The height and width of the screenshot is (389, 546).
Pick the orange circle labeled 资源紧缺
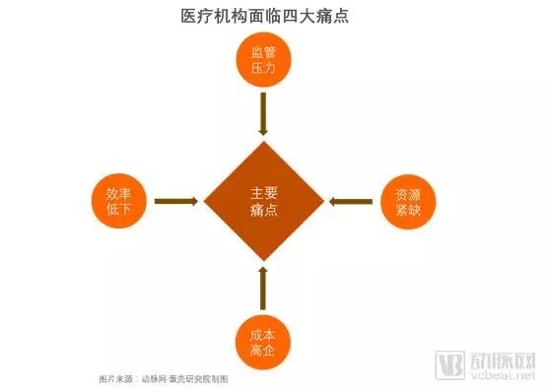point(407,202)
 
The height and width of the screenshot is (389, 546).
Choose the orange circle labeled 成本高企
point(263,340)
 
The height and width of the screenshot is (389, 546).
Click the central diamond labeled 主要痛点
point(263,202)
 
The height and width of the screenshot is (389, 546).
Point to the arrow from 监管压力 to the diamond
point(263,114)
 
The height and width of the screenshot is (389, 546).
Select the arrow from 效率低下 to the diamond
point(176,202)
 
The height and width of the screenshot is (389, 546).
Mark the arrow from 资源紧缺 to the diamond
point(351,202)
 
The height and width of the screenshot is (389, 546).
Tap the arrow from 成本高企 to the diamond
point(263,289)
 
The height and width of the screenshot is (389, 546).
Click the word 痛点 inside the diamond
point(263,211)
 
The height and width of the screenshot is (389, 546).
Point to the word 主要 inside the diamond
point(263,193)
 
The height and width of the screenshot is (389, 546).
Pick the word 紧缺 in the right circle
point(407,211)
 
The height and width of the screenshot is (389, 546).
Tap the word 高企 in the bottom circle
point(263,350)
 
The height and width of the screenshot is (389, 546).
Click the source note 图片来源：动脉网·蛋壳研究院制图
point(164,378)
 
